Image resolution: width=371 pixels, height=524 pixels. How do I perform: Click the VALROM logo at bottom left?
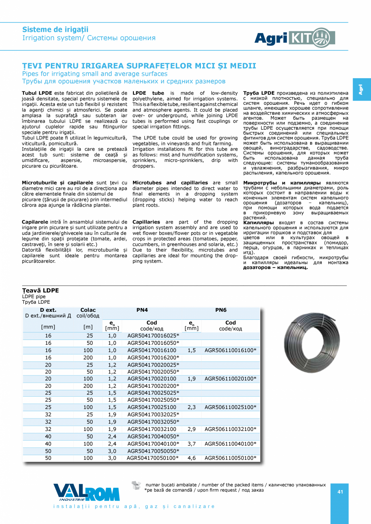(86, 492)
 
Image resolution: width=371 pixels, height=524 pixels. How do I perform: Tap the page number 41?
(340, 491)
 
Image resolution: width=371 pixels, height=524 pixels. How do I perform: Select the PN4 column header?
(142, 310)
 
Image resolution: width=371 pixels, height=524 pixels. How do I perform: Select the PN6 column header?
(221, 310)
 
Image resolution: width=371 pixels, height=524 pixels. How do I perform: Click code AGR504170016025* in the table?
(153, 336)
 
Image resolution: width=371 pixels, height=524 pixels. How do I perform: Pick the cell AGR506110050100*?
(230, 458)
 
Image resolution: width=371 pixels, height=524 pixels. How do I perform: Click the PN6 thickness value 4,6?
(192, 458)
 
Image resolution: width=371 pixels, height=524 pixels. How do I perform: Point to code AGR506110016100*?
(230, 350)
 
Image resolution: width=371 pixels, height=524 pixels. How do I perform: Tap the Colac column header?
(88, 310)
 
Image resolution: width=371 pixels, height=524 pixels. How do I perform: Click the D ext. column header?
(48, 310)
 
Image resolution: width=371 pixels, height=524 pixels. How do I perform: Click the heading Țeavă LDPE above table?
(40, 290)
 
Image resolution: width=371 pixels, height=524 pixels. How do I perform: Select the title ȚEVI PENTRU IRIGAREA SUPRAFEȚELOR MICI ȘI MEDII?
(139, 66)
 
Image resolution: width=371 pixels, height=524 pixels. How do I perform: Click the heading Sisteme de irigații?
(55, 30)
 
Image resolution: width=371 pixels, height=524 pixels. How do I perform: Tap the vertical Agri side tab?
(361, 90)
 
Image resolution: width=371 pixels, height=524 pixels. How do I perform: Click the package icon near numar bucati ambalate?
(137, 485)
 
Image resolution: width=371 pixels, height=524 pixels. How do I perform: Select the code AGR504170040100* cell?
(153, 443)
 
